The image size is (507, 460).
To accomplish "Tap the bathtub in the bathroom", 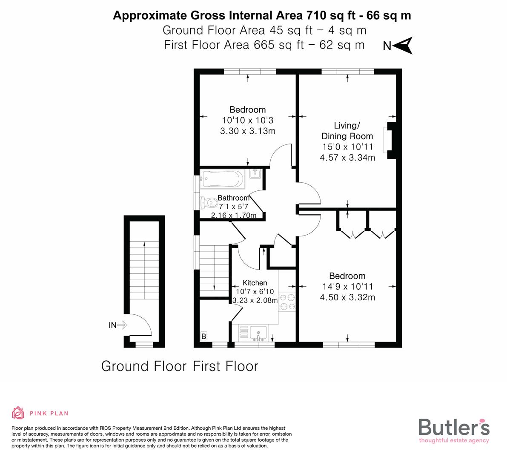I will coord(223,180).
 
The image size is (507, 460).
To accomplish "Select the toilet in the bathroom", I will coord(207,201).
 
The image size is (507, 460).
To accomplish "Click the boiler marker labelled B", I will coord(204,336).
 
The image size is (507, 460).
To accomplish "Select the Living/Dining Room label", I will coord(347,131).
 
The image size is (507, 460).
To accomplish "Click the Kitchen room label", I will coord(255,283).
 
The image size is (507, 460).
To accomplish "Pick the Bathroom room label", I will coord(233,198).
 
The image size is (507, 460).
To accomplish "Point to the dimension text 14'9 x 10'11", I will coord(347,287).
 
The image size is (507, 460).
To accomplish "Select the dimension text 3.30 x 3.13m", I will coord(247,131).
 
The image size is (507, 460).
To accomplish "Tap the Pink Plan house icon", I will coord(18,413).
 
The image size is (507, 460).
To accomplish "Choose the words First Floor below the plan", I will coord(226,366).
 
